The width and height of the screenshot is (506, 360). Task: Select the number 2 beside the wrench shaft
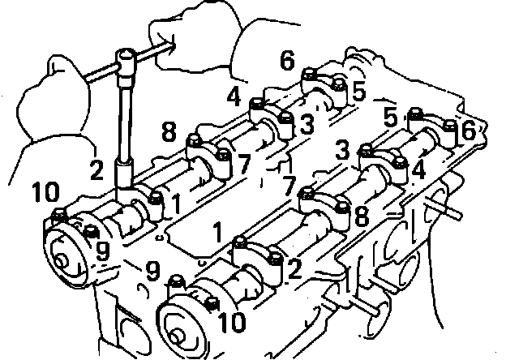pos(96,170)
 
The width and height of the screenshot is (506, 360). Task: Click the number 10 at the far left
pos(48,193)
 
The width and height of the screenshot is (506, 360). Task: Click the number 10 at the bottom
pos(230,323)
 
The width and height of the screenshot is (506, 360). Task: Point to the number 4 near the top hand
pos(234,97)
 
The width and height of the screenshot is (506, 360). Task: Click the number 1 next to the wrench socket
pos(176,206)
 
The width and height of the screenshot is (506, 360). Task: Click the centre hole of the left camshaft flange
pos(62,261)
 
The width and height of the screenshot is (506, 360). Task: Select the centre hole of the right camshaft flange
pos(177,336)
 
